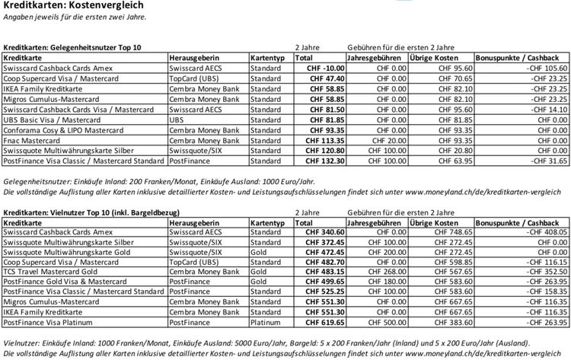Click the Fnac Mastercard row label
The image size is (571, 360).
tap(33, 140)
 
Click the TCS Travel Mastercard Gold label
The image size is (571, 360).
tap(52, 271)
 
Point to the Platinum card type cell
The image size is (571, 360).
tap(266, 322)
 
